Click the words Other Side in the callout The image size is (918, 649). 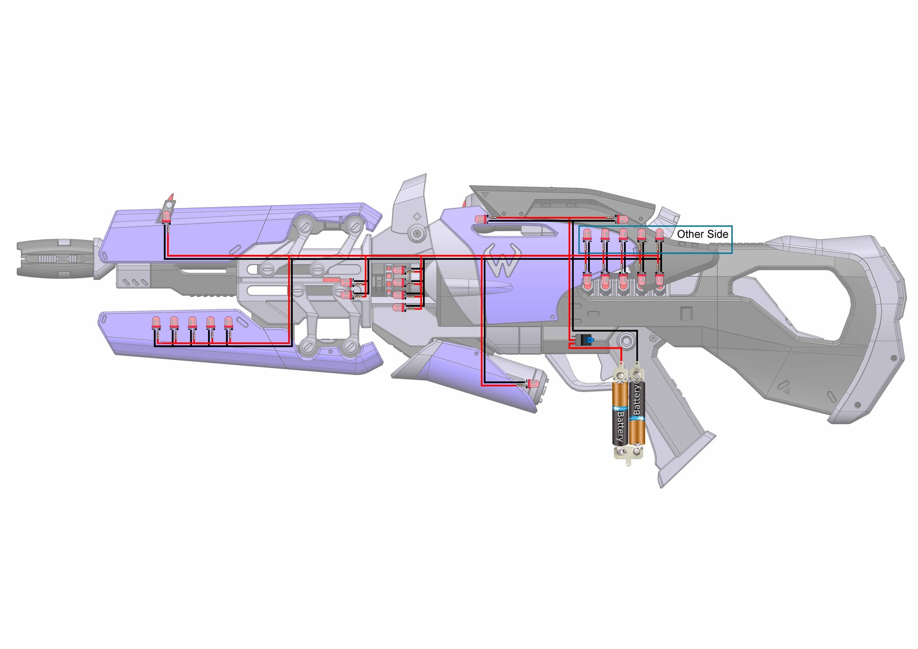click(702, 234)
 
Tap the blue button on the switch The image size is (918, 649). click(590, 339)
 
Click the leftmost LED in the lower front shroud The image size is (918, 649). click(156, 322)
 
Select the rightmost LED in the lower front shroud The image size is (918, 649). click(228, 322)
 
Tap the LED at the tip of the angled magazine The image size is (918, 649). click(533, 383)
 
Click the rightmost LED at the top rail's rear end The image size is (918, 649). click(622, 219)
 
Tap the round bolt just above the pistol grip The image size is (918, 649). click(626, 340)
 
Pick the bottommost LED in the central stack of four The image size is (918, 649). click(398, 308)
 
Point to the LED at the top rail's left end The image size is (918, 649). click(480, 219)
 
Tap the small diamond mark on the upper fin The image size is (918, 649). click(417, 216)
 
